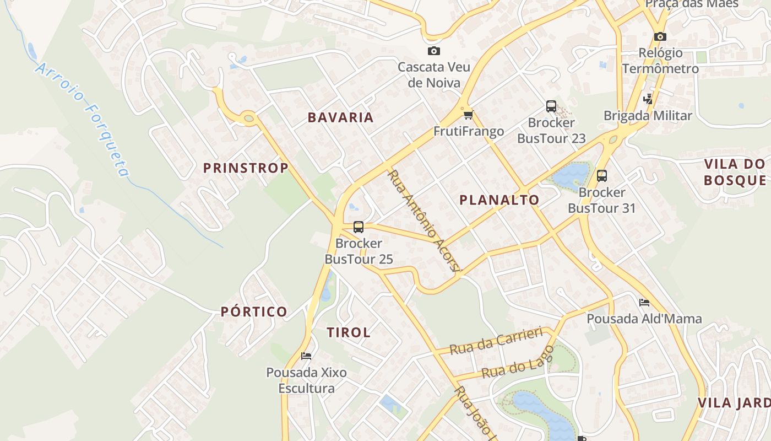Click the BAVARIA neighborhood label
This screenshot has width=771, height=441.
(340, 117)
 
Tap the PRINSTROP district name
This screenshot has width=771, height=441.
(246, 168)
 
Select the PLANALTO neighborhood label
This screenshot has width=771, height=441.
(499, 200)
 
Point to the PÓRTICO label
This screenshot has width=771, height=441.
(254, 311)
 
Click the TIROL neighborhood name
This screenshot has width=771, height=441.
(349, 332)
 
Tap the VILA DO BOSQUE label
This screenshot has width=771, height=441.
(735, 172)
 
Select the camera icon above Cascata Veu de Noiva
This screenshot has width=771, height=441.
(434, 51)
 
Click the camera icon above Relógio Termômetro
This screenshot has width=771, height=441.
(660, 37)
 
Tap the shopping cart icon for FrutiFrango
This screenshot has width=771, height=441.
(468, 115)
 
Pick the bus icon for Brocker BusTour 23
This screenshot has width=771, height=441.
(551, 106)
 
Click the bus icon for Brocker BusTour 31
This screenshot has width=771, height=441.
(601, 176)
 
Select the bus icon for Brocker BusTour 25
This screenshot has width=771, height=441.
(359, 227)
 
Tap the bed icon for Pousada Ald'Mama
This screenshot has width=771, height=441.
(644, 303)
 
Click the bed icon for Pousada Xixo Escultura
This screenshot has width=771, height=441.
(306, 356)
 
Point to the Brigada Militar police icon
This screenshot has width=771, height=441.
(648, 99)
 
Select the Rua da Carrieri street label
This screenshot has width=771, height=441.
(496, 342)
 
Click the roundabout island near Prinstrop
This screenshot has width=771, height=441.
(249, 118)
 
